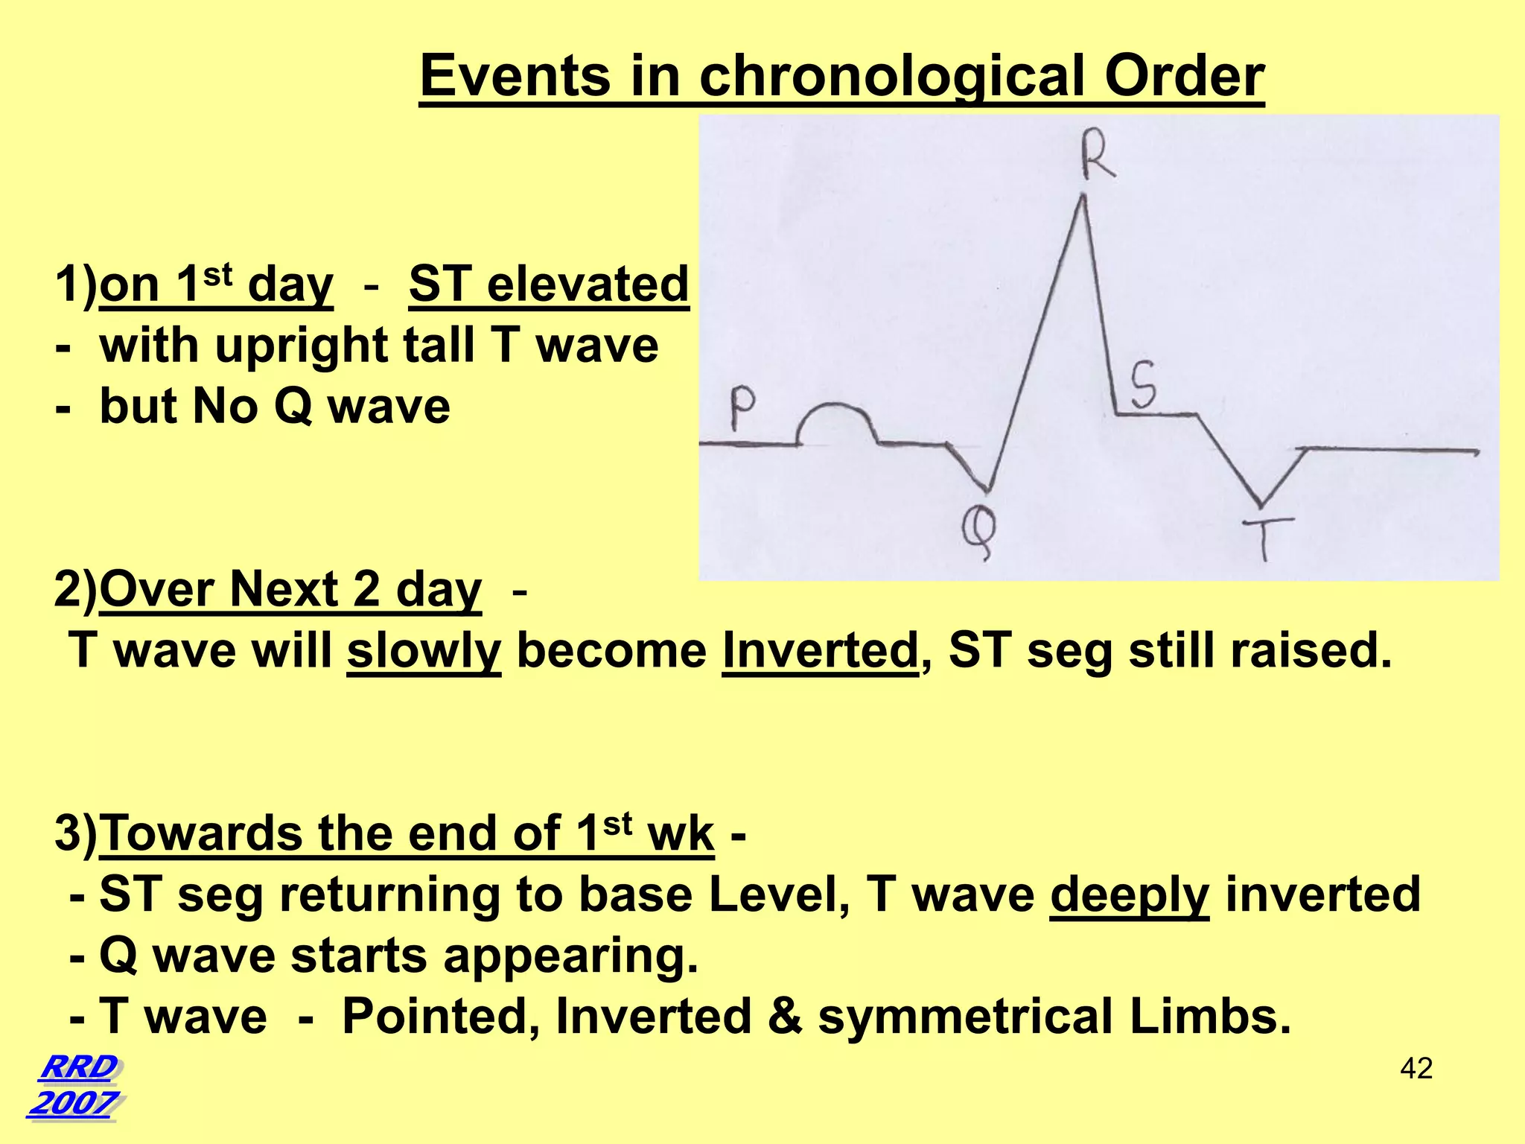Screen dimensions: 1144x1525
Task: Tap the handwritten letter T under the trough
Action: tap(1267, 538)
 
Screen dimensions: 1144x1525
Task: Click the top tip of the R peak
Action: tap(1083, 197)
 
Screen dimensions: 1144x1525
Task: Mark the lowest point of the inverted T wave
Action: tap(1260, 505)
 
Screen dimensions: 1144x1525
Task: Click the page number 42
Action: tap(1416, 1068)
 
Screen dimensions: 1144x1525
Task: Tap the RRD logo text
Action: tap(77, 1067)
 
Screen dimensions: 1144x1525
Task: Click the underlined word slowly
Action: tap(424, 650)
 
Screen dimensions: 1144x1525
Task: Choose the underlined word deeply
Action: tap(1129, 894)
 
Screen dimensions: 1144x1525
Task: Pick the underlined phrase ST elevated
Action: tap(549, 285)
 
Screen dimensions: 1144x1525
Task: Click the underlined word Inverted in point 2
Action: tap(820, 650)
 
